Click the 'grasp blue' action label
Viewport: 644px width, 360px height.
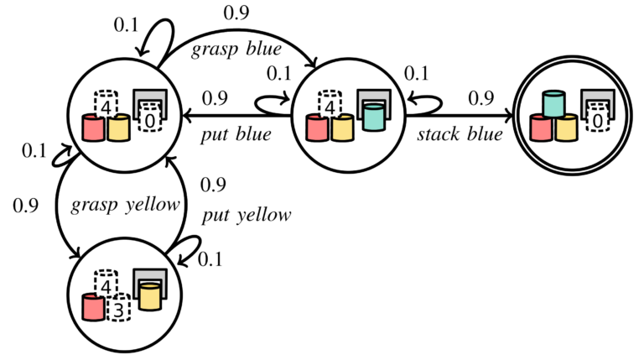[x=236, y=50]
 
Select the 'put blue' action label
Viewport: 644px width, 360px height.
[x=236, y=135]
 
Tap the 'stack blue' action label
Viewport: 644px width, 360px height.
[x=460, y=134]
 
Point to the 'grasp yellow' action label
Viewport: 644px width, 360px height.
[x=125, y=205]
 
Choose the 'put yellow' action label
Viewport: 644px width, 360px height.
[x=247, y=215]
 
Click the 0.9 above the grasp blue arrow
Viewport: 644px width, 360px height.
[x=236, y=13]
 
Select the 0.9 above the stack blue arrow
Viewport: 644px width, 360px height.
[x=481, y=98]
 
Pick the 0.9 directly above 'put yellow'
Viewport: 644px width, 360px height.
[x=213, y=185]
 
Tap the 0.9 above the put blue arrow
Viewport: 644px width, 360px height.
[x=215, y=98]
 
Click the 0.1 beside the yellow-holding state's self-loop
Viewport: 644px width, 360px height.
[x=210, y=259]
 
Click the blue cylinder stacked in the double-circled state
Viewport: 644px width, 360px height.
[x=553, y=104]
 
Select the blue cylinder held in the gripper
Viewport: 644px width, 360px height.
[x=374, y=117]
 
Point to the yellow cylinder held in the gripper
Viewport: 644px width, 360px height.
[x=150, y=297]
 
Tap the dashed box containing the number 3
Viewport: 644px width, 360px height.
[x=119, y=307]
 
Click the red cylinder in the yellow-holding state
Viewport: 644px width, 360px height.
[x=93, y=307]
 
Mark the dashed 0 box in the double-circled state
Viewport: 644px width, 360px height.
[x=598, y=118]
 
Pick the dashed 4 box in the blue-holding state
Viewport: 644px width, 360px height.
[x=330, y=105]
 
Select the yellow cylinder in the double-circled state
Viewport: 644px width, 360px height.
[x=566, y=128]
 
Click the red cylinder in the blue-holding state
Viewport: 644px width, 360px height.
[x=317, y=128]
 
